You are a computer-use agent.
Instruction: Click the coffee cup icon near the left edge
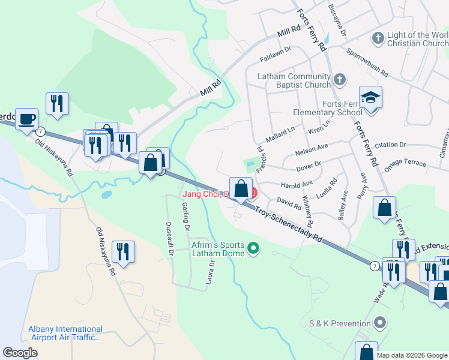pos(26,119)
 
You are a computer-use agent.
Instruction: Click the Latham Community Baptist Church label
pos(294,81)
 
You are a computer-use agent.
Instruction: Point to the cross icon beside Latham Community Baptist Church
pos(340,79)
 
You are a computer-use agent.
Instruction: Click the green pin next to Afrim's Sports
pos(253,247)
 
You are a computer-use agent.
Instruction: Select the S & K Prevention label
pos(338,323)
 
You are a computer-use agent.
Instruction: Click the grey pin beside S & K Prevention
pos(379,323)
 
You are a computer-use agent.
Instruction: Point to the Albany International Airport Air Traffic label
pos(65,334)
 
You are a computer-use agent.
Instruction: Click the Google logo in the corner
pos(20,353)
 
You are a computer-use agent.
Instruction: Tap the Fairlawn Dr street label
pos(275,54)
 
